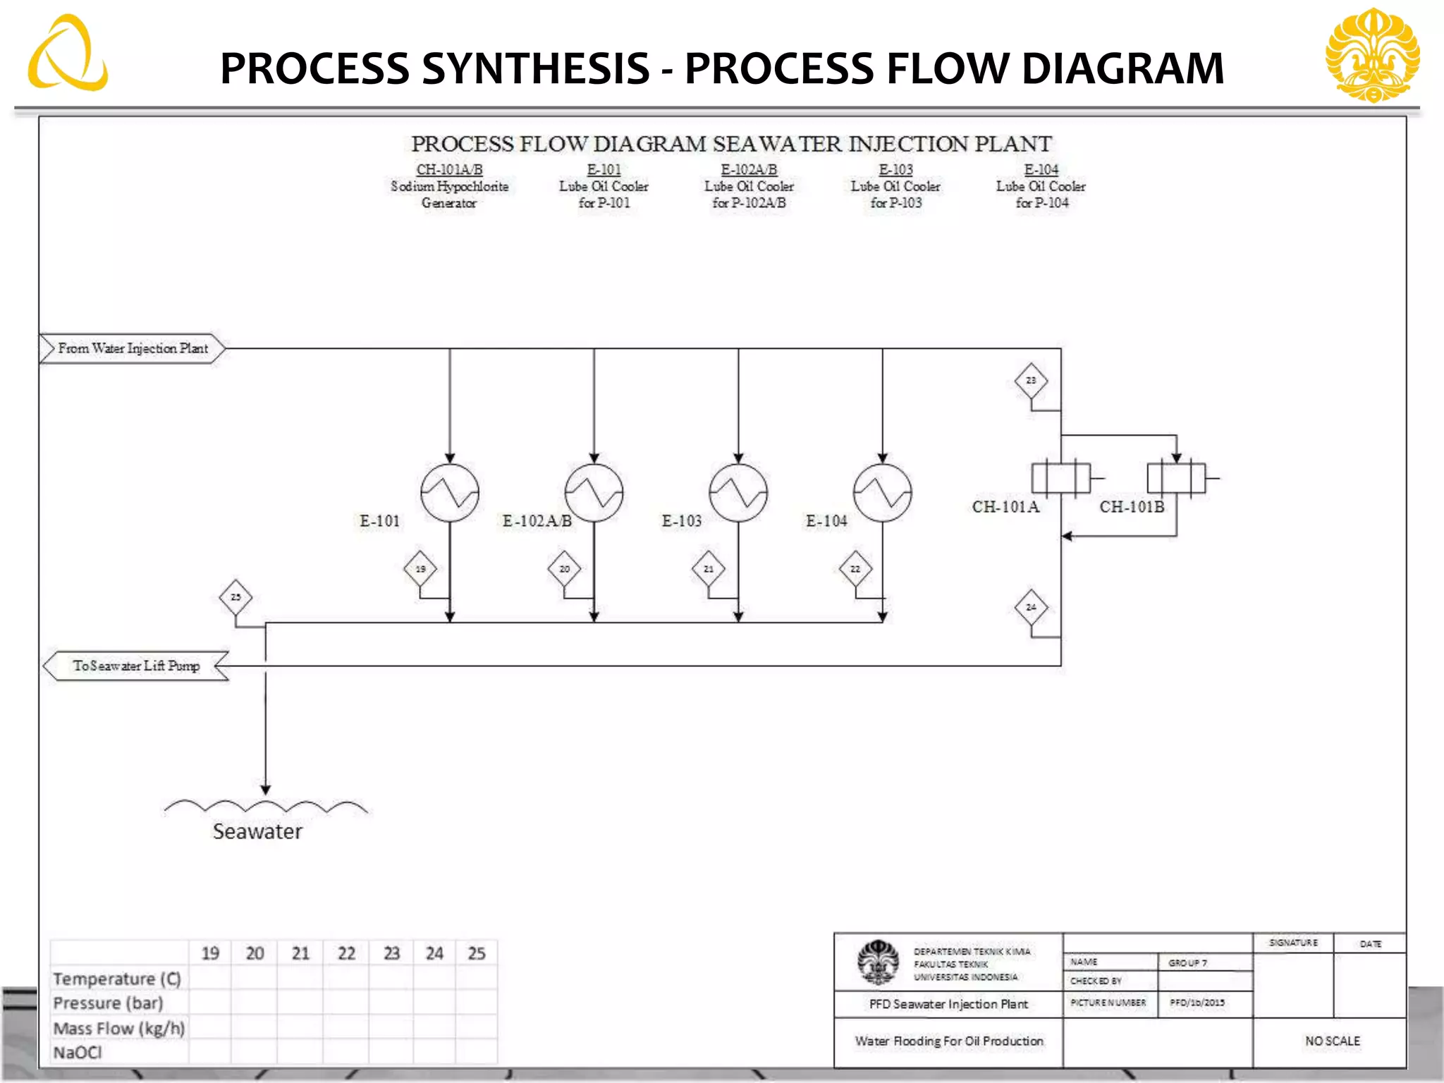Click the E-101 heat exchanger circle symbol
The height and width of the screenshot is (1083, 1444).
coord(450,493)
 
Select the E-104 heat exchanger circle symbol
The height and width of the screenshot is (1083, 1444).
coord(882,493)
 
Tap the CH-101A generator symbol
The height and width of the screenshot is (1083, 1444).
coord(1060,478)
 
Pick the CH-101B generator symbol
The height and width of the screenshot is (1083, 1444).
coord(1176,478)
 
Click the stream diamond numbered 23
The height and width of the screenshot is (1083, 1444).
coord(1031,381)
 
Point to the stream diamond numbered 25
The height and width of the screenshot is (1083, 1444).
coord(235,597)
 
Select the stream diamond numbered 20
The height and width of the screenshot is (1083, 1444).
coord(564,569)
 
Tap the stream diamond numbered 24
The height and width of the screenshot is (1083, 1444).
coord(1031,607)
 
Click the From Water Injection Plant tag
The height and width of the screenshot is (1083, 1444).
coord(133,348)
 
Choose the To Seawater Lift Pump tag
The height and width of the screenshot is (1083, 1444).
coord(136,666)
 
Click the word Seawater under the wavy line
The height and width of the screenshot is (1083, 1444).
coord(257,832)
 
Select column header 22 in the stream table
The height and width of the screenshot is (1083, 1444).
coord(346,954)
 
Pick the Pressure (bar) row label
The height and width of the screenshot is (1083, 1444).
coord(108,1003)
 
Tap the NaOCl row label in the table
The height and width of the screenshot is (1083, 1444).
coord(78,1053)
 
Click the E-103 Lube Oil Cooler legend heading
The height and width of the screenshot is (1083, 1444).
coord(895,170)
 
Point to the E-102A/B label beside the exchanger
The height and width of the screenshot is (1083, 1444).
coord(537,521)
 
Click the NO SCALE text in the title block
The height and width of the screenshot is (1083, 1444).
coord(1332,1041)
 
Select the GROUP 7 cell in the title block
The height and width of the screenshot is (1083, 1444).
coord(1188,963)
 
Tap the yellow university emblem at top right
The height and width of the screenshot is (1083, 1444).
coord(1372,55)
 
